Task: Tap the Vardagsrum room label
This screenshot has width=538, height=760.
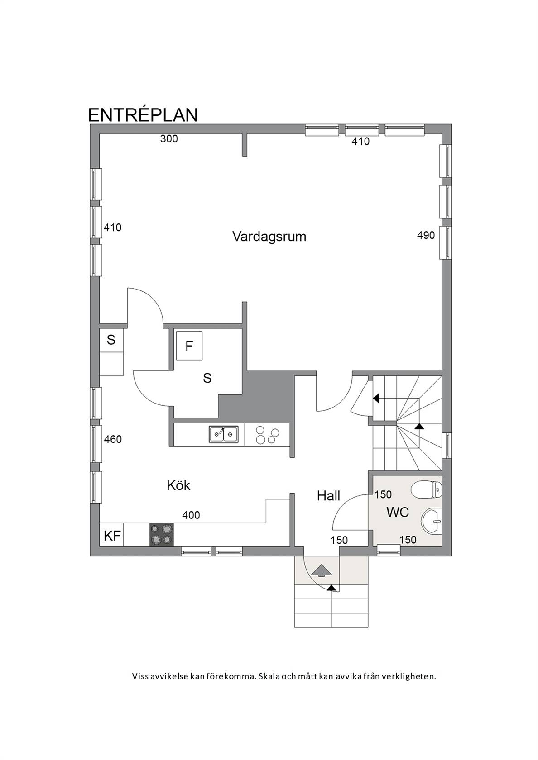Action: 269,237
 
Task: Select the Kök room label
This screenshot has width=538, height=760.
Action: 178,485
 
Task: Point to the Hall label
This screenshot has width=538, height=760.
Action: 328,496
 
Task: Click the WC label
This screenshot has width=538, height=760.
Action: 398,512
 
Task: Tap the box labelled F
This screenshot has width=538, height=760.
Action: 189,346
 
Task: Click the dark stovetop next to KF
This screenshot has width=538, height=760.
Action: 162,535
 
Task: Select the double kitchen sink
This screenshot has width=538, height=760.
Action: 224,435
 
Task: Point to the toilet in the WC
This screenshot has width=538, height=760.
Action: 426,490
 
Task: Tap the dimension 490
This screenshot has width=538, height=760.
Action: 426,235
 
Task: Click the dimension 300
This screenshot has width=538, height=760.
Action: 169,139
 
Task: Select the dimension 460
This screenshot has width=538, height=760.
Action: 113,439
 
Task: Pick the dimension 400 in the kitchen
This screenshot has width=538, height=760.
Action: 191,515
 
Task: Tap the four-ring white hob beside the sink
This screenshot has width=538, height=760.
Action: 267,435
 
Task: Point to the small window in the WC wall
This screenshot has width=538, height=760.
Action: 389,549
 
